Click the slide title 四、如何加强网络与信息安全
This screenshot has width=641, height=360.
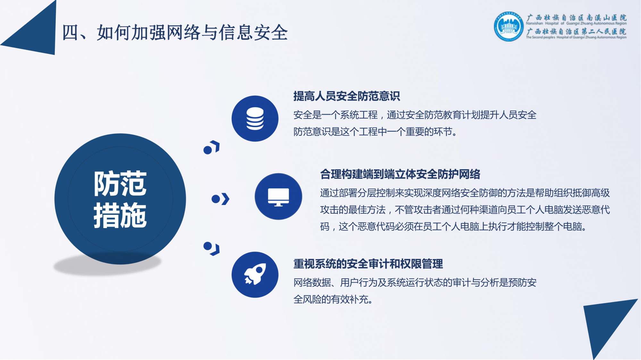pyautogui.click(x=175, y=32)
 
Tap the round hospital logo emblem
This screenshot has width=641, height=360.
pyautogui.click(x=509, y=27)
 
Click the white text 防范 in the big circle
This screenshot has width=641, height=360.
pyautogui.click(x=120, y=184)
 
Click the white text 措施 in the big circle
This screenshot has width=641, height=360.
pyautogui.click(x=120, y=215)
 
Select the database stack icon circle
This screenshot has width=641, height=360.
pyautogui.click(x=255, y=119)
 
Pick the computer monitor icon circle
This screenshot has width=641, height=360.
pyautogui.click(x=278, y=196)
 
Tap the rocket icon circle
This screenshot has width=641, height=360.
pyautogui.click(x=255, y=275)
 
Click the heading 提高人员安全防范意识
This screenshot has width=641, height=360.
pyautogui.click(x=346, y=96)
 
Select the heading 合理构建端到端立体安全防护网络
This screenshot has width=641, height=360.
pyautogui.click(x=400, y=174)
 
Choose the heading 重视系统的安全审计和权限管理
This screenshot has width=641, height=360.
pyautogui.click(x=368, y=264)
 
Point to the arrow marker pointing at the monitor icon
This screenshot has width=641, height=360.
pyautogui.click(x=221, y=199)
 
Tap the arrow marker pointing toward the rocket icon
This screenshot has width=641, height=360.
pyautogui.click(x=212, y=249)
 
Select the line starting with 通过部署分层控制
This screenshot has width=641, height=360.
pyautogui.click(x=465, y=193)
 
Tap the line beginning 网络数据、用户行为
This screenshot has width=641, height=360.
pyautogui.click(x=415, y=282)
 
